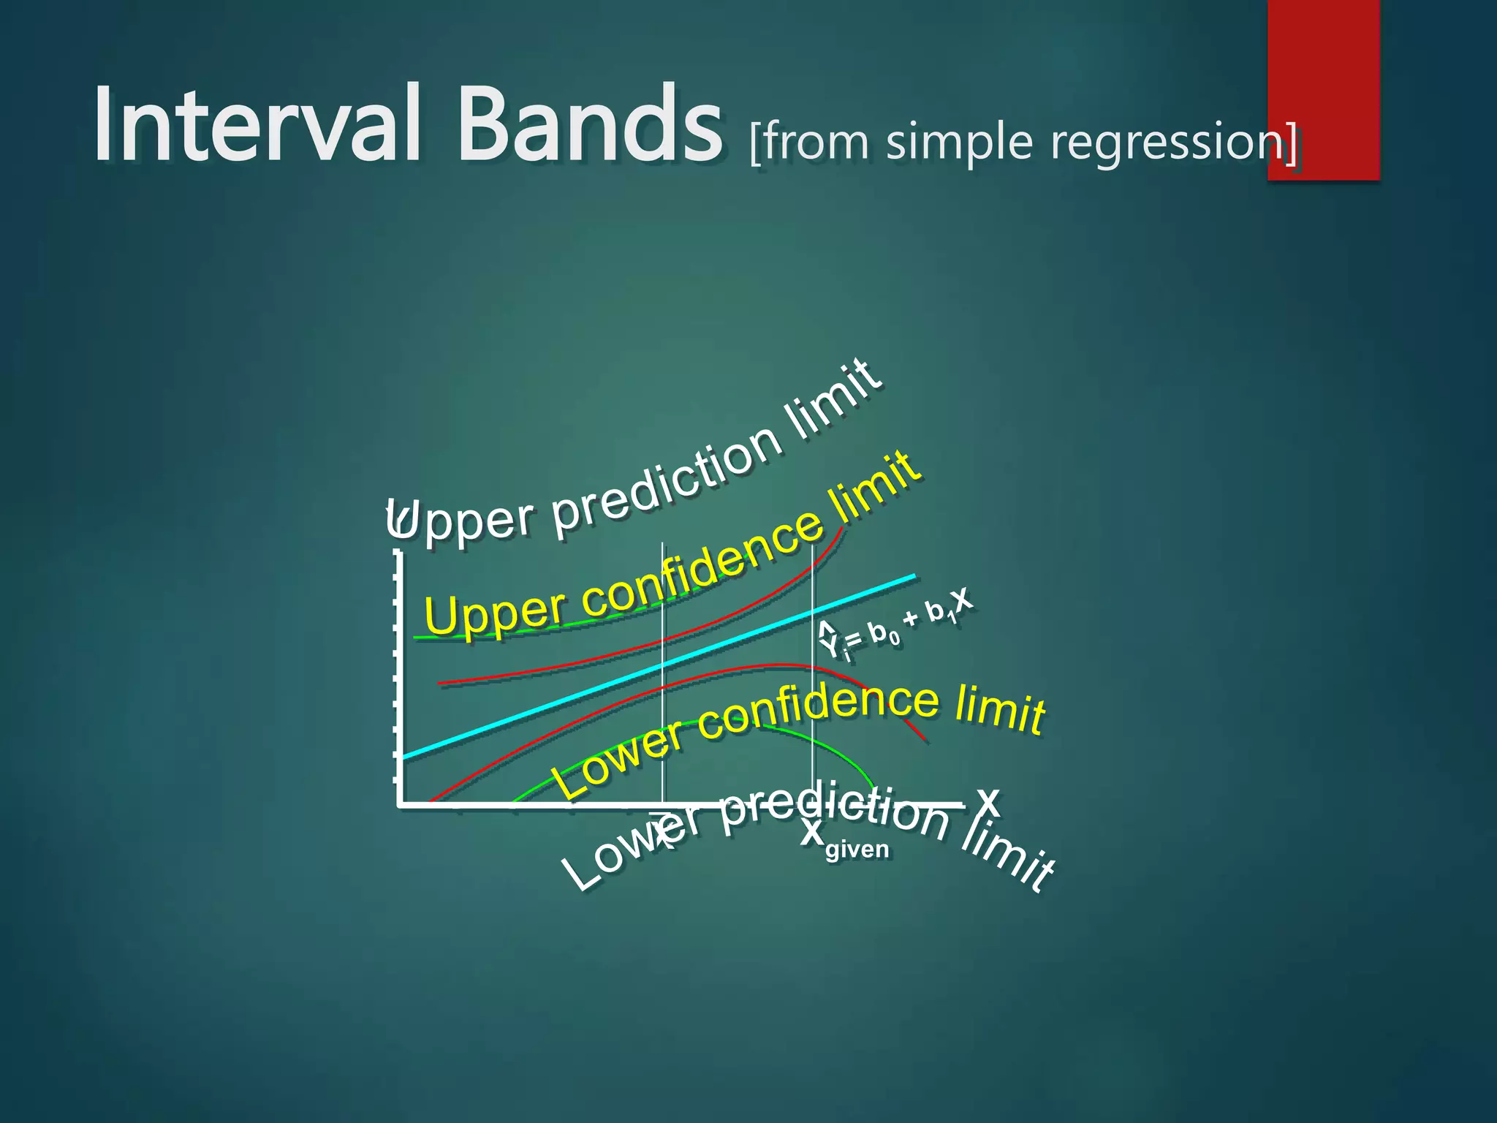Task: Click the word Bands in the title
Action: pyautogui.click(x=589, y=124)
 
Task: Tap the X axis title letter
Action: pyautogui.click(x=988, y=801)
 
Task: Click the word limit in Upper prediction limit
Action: pyautogui.click(x=833, y=398)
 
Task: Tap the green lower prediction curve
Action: pyautogui.click(x=841, y=753)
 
